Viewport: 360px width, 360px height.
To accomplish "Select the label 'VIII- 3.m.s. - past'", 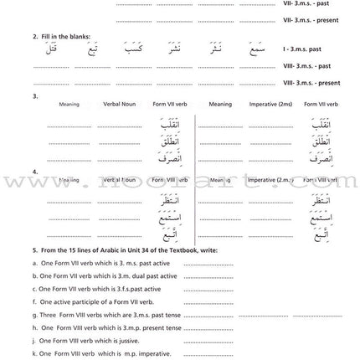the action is click(x=313, y=66).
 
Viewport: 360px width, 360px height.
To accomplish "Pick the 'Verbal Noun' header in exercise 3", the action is click(x=116, y=105).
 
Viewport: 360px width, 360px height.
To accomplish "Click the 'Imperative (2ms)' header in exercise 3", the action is click(x=269, y=105).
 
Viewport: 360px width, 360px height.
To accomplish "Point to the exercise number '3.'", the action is click(x=34, y=96).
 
